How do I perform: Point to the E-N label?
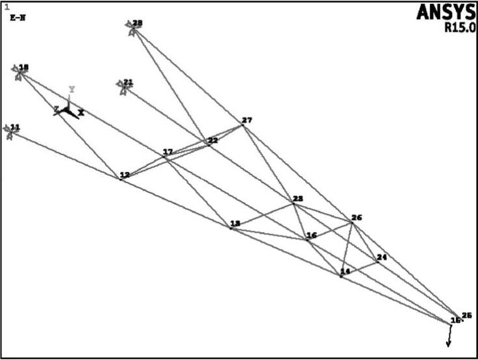coord(17,18)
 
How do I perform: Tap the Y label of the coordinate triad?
coord(72,90)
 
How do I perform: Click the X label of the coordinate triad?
coord(81,112)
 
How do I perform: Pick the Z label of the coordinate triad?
coord(57,109)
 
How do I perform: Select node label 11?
coord(15,127)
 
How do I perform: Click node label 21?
coord(129,83)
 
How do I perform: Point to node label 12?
coord(125,175)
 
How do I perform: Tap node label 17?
coord(168,152)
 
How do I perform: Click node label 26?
coord(357,218)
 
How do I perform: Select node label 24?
coord(382,257)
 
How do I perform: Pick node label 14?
coord(346,271)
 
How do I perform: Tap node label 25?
coord(466,316)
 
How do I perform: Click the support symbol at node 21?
coord(121,86)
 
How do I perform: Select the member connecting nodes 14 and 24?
coord(360,269)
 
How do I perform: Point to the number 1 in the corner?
coord(6,8)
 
